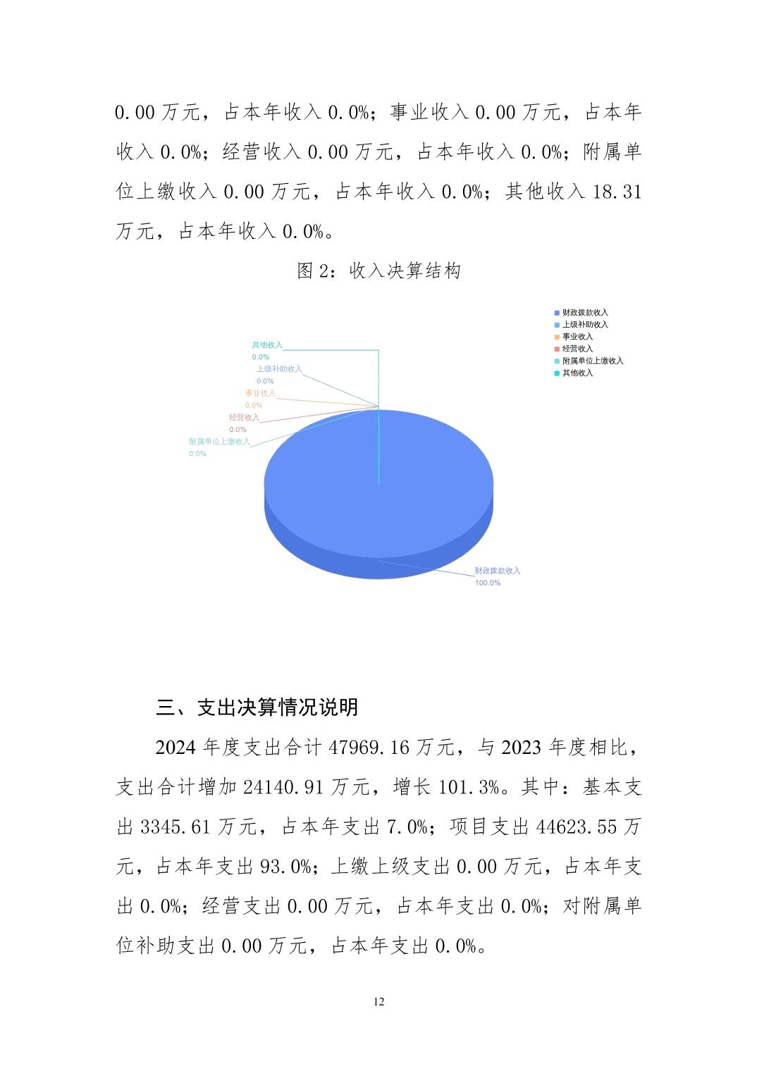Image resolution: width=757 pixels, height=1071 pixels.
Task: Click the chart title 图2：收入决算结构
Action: click(x=378, y=271)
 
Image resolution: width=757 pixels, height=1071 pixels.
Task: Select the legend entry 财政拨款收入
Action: click(x=584, y=312)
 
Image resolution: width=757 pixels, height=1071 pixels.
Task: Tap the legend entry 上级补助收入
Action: click(x=584, y=324)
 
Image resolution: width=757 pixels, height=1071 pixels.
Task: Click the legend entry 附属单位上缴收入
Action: click(x=592, y=360)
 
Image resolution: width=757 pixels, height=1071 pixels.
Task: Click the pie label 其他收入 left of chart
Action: click(x=267, y=345)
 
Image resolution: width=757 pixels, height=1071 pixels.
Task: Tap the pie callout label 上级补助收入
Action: click(x=278, y=369)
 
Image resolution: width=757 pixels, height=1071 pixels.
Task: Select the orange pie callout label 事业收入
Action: click(x=260, y=393)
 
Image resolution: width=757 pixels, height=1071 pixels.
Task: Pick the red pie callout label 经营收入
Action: click(x=244, y=417)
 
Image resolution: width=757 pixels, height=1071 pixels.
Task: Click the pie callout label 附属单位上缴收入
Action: click(x=219, y=442)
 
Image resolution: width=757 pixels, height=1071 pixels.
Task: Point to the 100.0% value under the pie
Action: click(x=487, y=583)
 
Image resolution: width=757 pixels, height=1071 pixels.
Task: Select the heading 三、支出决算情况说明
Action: click(x=257, y=707)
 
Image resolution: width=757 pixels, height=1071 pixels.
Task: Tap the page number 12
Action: click(x=379, y=1002)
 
